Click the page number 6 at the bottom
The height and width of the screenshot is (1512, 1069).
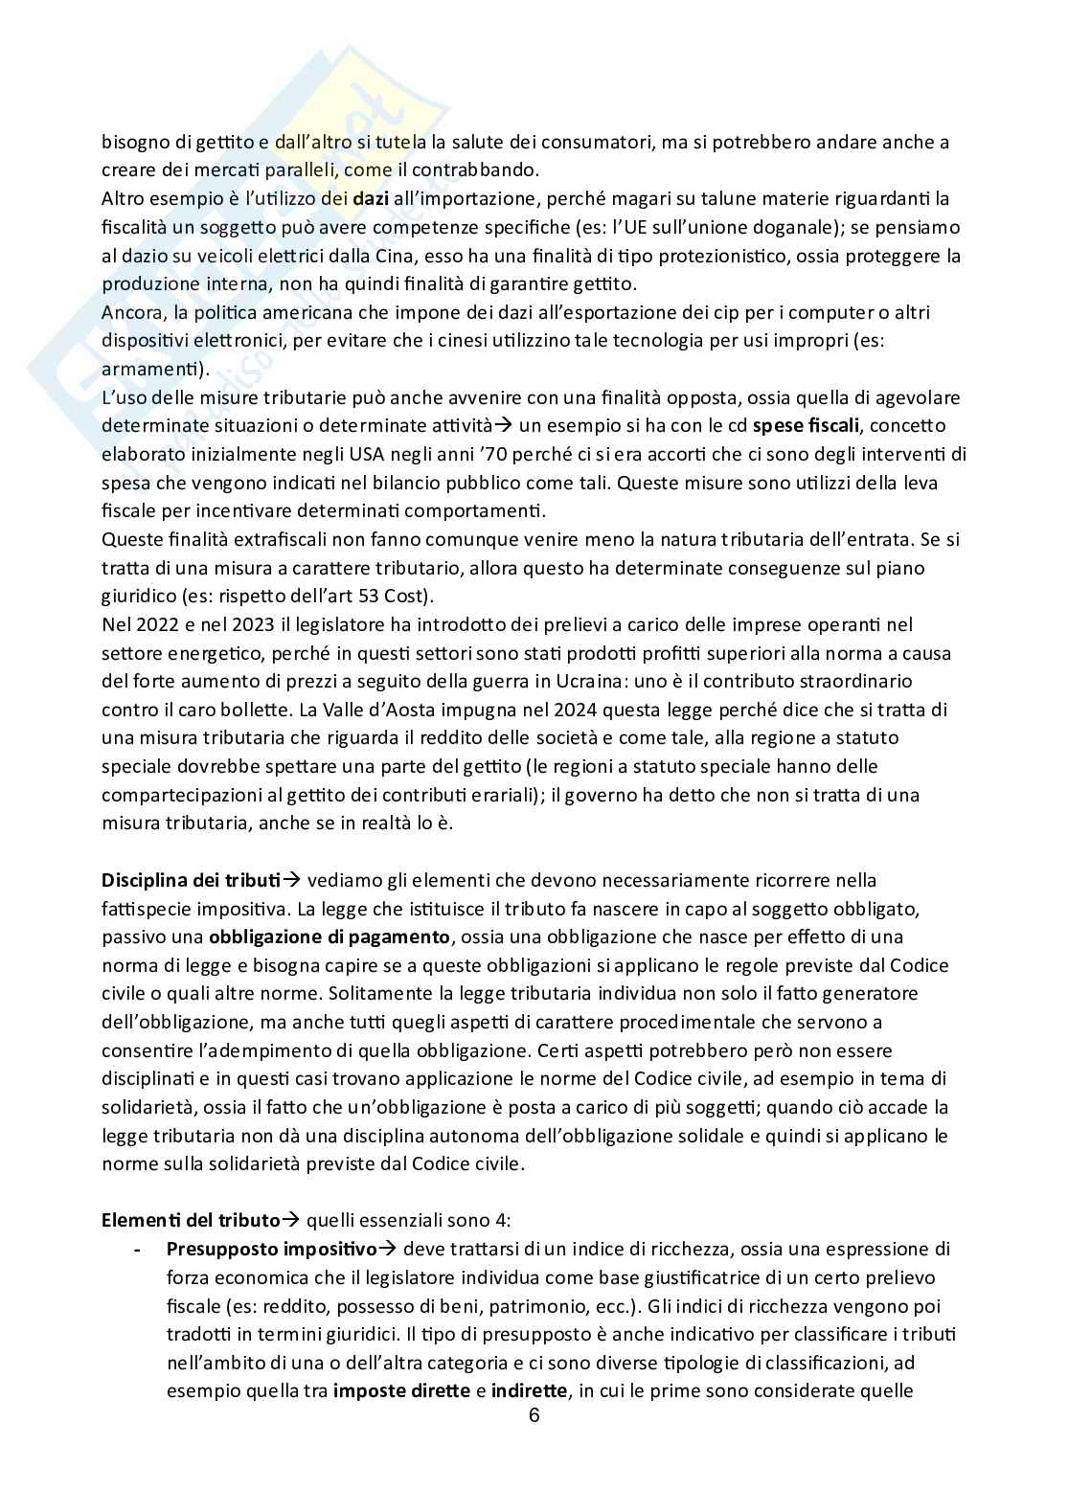[x=534, y=1417]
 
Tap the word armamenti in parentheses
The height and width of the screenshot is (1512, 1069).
[x=153, y=369]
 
